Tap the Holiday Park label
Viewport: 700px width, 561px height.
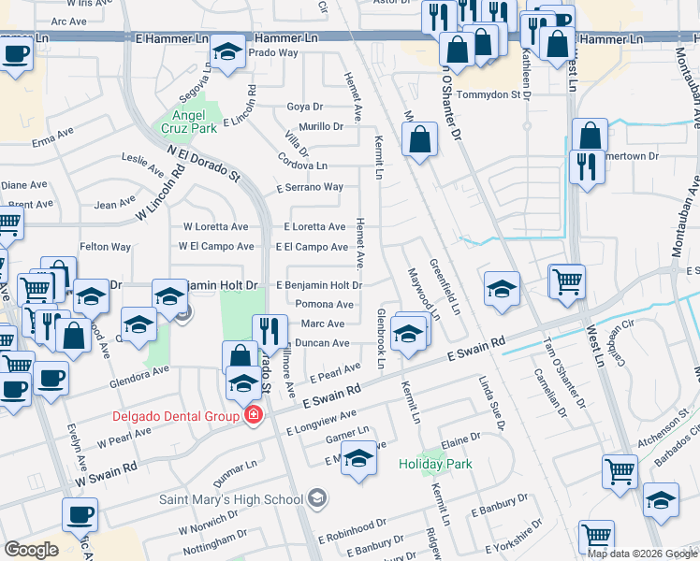click(434, 464)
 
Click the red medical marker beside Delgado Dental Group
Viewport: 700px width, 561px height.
click(252, 415)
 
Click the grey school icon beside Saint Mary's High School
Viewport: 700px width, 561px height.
click(318, 497)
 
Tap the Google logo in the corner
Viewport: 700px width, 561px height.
click(31, 550)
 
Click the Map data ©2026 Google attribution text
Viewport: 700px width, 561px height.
click(641, 554)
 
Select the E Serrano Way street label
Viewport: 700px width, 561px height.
click(310, 187)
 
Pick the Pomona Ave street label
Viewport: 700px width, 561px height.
click(324, 304)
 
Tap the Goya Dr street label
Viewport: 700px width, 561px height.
click(304, 107)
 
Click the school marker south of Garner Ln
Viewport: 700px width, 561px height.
click(358, 461)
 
